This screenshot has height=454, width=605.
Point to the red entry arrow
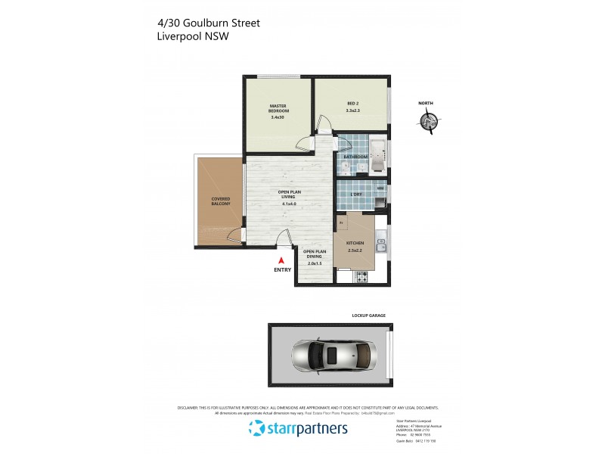click(281, 260)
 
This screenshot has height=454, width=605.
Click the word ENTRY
click(282, 270)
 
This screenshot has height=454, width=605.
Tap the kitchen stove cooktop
click(361, 277)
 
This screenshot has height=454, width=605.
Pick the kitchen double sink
click(382, 244)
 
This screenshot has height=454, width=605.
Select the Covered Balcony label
click(221, 201)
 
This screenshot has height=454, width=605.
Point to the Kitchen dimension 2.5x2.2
click(355, 250)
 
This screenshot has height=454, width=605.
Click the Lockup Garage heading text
click(369, 315)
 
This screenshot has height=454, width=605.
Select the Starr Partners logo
click(299, 429)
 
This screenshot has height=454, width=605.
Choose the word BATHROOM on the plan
click(356, 157)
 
